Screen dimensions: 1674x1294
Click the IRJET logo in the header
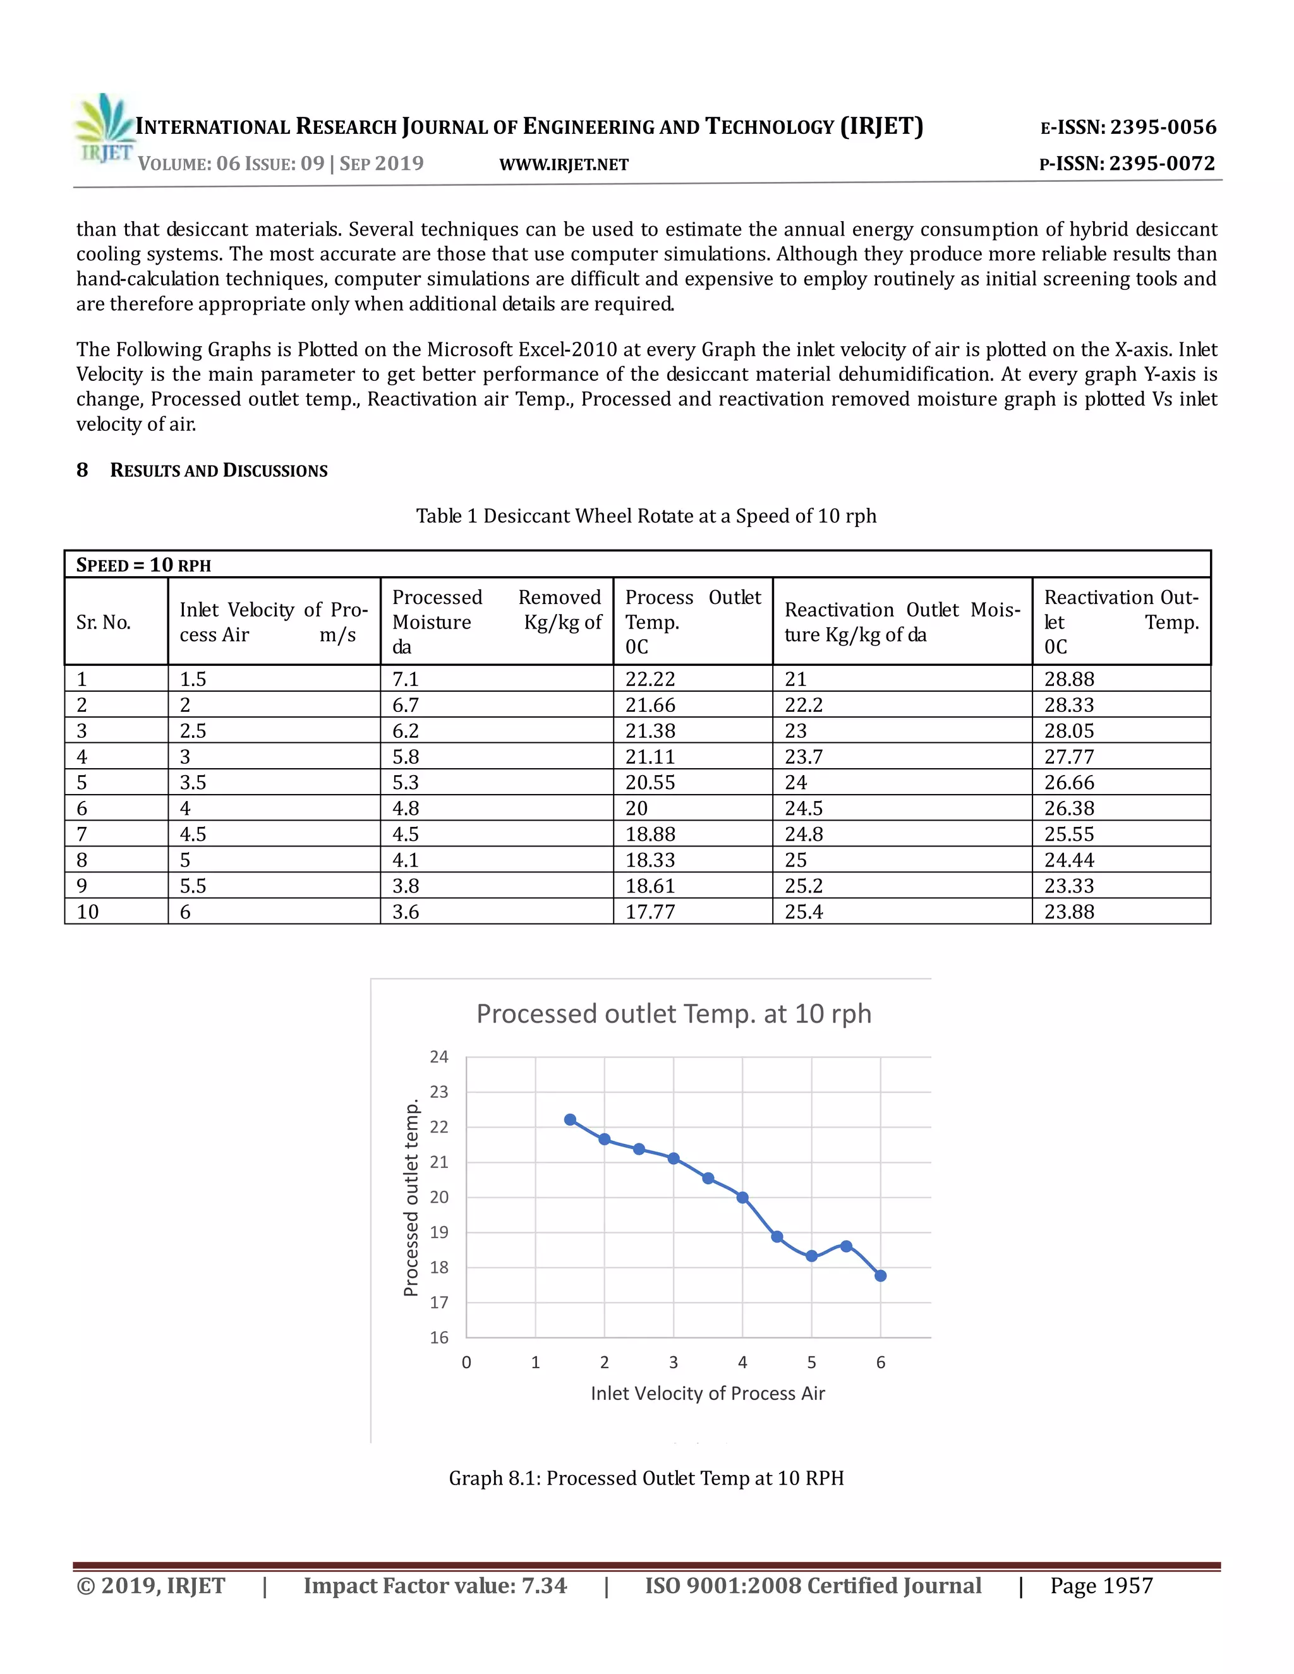tap(104, 129)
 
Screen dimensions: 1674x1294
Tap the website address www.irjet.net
tap(564, 165)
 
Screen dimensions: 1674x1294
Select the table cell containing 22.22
tap(650, 679)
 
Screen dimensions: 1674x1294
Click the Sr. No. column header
tap(104, 622)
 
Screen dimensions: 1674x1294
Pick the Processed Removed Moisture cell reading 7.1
tap(406, 679)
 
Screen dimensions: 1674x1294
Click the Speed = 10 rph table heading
tap(143, 565)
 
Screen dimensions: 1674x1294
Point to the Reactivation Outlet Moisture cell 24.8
tap(804, 834)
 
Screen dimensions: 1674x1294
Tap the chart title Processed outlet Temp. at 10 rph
tap(673, 1014)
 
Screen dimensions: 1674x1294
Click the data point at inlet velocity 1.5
tap(569, 1120)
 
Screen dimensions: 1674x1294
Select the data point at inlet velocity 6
tap(880, 1275)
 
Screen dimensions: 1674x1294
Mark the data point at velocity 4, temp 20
tap(742, 1197)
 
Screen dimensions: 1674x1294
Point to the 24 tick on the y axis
tap(438, 1057)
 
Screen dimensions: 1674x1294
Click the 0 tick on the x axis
tap(466, 1363)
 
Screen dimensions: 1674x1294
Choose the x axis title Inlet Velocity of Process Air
tap(707, 1394)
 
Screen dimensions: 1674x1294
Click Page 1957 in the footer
tap(1101, 1586)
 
